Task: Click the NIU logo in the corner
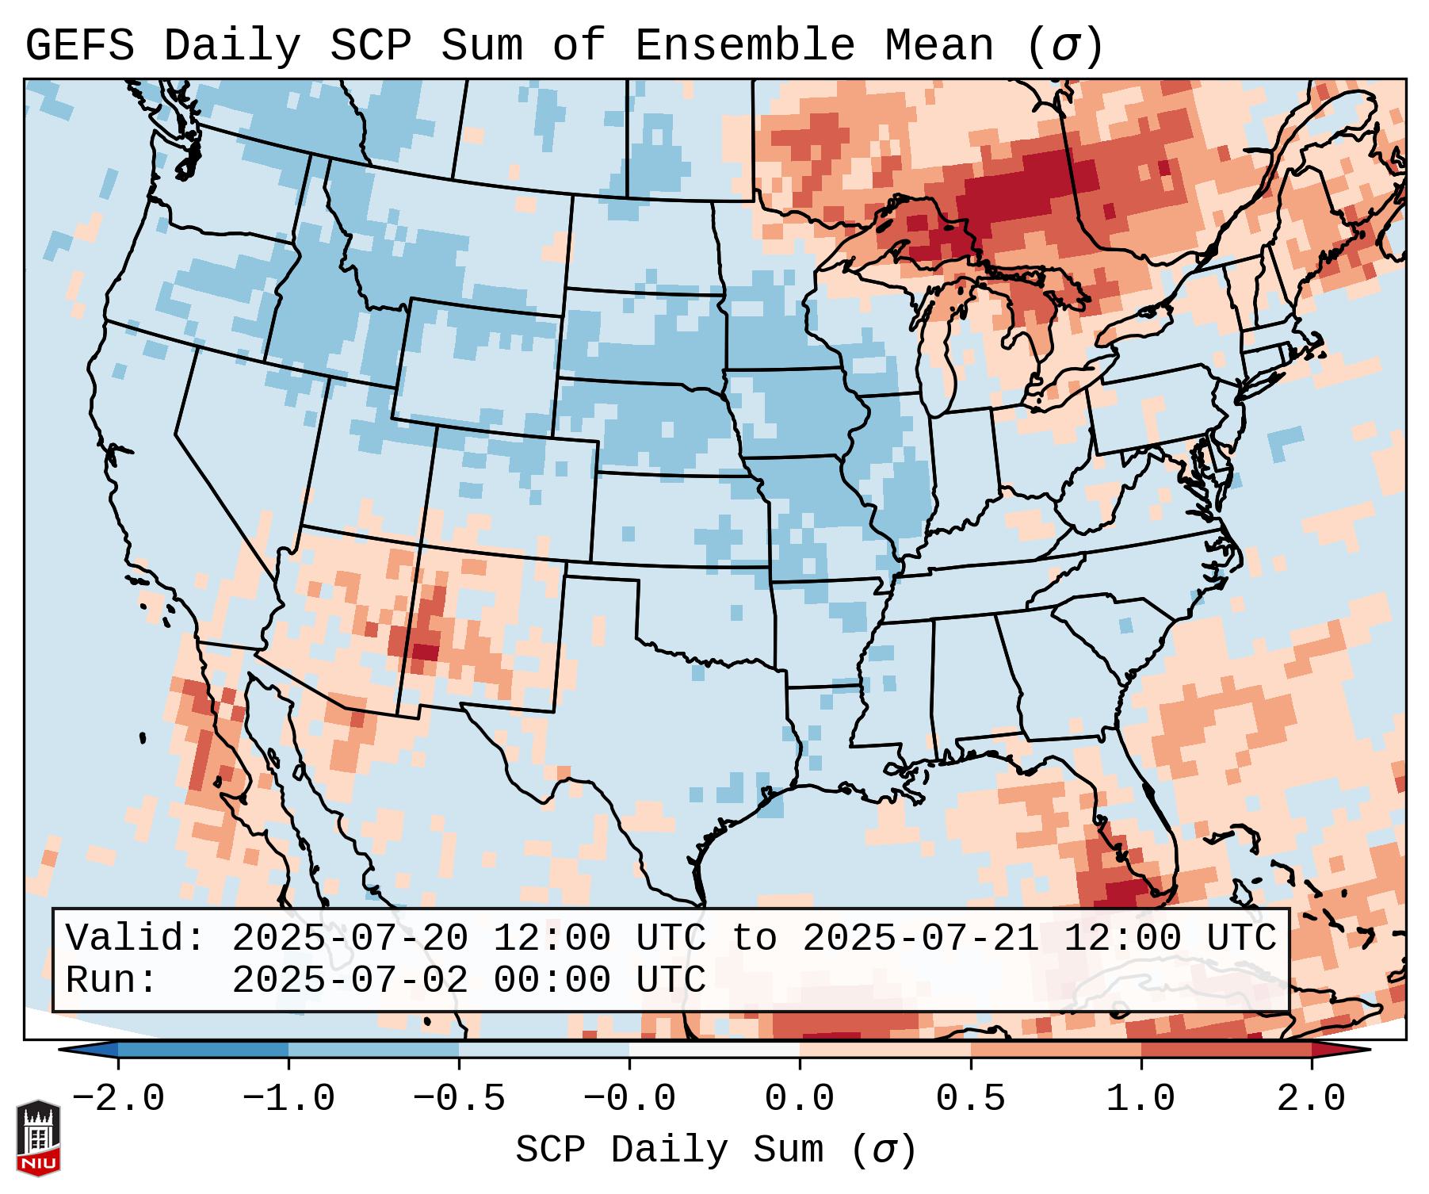coord(38,1139)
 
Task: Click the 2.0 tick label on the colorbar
coord(1311,1099)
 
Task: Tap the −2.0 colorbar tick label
coord(118,1099)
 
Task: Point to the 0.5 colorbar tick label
coord(970,1099)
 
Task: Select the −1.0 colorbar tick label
coord(288,1099)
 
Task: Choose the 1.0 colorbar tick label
coord(1141,1099)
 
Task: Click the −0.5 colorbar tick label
coord(459,1099)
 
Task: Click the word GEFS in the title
coord(80,45)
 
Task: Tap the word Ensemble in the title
coord(745,45)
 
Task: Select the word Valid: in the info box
coord(136,938)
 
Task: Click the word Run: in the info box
coord(112,981)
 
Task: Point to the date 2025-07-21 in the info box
coord(920,938)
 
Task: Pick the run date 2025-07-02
coord(350,981)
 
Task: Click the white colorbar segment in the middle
coord(714,1050)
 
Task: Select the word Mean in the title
coord(938,45)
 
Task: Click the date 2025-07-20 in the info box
coord(350,938)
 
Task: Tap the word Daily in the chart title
coord(232,45)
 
